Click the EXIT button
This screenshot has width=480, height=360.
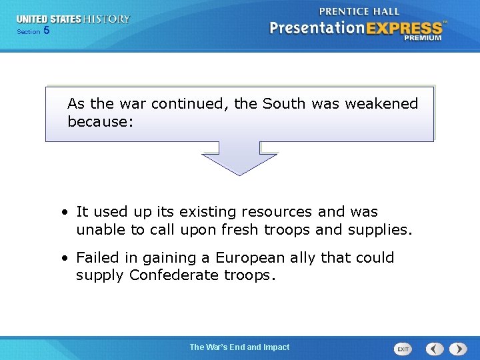(403, 349)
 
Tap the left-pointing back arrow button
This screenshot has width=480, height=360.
(435, 349)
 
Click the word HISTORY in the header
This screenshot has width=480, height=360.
(106, 19)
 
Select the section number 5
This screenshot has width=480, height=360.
(46, 31)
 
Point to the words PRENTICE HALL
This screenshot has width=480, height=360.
(359, 11)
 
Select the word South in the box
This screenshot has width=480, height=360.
(283, 104)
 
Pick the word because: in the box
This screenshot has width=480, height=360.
(101, 123)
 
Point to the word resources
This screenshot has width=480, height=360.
(277, 212)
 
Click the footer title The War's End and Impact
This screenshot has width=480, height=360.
(239, 347)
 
